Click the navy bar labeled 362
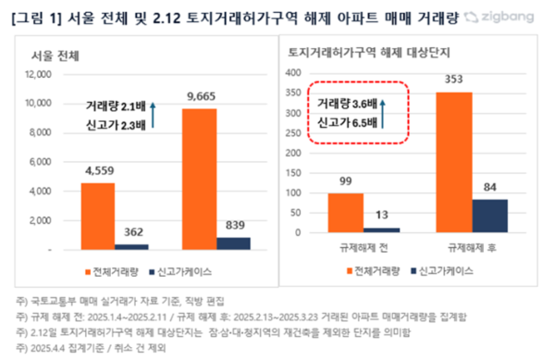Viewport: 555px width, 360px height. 133,245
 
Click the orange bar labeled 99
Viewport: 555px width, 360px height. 347,213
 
